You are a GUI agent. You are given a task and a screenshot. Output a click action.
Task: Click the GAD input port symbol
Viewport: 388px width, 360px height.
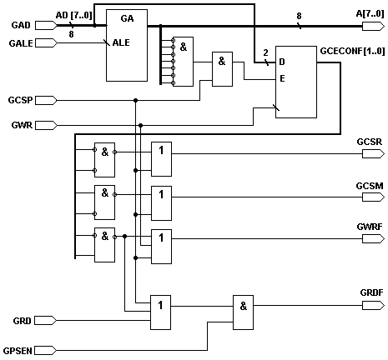(x=46, y=25)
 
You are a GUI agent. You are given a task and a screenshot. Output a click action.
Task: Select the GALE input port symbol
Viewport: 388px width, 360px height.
(x=46, y=43)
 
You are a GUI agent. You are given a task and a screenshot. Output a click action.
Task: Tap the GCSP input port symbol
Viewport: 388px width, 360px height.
(x=46, y=100)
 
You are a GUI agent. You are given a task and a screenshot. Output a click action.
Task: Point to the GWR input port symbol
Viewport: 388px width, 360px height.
(x=46, y=125)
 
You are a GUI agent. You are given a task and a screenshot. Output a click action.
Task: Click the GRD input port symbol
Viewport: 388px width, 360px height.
(x=46, y=320)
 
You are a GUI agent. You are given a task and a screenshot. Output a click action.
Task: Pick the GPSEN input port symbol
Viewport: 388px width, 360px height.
(x=46, y=350)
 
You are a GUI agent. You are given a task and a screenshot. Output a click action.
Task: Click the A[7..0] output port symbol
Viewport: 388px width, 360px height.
(x=373, y=27)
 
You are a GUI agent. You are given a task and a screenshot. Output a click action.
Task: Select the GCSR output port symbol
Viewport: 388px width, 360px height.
(x=373, y=153)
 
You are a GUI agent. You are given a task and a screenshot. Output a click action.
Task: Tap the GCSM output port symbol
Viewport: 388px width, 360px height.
(x=373, y=197)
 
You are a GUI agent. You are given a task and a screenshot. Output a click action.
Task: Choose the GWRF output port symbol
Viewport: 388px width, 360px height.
(x=373, y=238)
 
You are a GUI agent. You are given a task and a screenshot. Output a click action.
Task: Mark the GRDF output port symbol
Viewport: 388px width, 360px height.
(x=373, y=306)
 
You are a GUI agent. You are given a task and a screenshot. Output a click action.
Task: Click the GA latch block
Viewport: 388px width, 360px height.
(x=127, y=46)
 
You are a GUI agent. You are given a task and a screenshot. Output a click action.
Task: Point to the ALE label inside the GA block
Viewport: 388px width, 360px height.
(x=121, y=42)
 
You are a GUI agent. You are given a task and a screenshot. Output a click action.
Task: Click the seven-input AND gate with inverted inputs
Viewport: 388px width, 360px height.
(x=183, y=62)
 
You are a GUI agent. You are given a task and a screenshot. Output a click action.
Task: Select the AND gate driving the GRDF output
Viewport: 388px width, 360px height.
(x=243, y=312)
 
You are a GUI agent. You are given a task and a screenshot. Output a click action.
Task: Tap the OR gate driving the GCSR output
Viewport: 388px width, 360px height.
(x=161, y=159)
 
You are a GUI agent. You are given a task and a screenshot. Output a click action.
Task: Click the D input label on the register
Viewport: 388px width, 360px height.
(x=282, y=62)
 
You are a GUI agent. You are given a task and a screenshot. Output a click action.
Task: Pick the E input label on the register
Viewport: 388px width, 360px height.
(x=282, y=78)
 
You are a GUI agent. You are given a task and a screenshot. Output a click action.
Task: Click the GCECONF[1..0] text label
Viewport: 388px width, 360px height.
(x=352, y=51)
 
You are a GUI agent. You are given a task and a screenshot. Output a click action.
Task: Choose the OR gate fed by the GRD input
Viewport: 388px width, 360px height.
(x=160, y=312)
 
